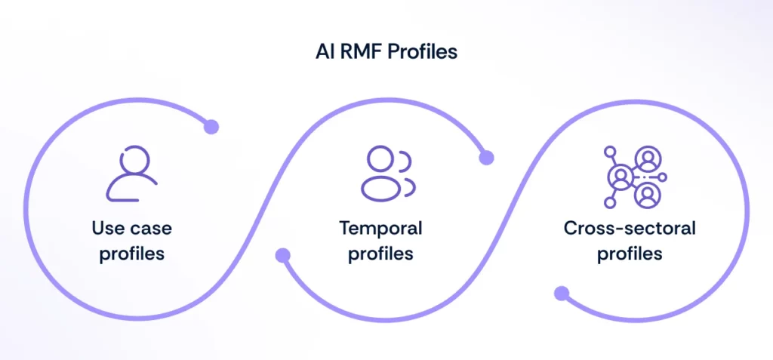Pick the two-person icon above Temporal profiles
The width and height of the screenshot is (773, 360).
(387, 174)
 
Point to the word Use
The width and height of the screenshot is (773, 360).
(107, 228)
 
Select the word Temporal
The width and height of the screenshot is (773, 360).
(380, 228)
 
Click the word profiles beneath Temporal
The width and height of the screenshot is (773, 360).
(380, 253)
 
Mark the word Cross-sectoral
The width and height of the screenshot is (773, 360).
(630, 228)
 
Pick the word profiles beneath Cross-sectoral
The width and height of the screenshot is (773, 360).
(630, 253)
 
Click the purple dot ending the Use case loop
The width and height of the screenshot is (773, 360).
(211, 127)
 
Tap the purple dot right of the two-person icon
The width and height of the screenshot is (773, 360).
(487, 158)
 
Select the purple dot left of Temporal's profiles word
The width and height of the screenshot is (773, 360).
(283, 255)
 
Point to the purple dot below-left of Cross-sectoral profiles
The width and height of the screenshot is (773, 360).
(561, 293)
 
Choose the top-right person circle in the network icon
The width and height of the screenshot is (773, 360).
(647, 158)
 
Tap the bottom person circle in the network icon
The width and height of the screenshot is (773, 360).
(647, 195)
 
